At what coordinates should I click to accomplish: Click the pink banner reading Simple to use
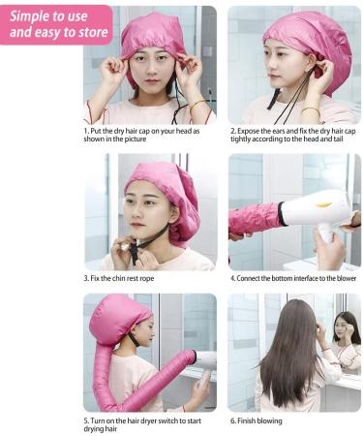coord(55,23)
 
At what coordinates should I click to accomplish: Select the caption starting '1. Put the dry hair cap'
coord(149,134)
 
